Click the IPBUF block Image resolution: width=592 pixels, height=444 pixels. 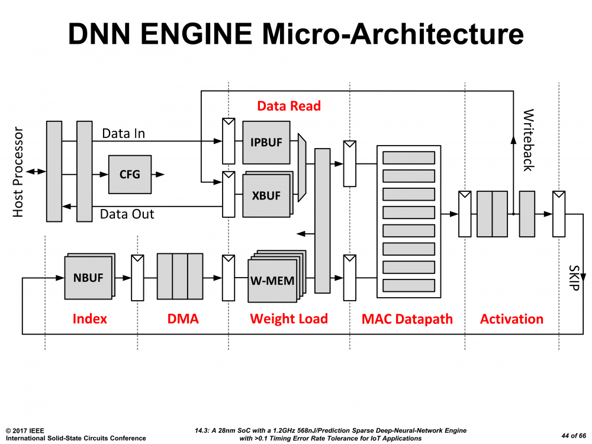coord(266,143)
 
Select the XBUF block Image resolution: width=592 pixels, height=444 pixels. coord(266,195)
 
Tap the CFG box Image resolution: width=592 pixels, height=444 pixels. coord(130,175)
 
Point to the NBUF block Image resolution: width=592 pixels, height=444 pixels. coord(88,277)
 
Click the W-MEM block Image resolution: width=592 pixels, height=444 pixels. coord(272,281)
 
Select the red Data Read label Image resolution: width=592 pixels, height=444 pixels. coord(289,106)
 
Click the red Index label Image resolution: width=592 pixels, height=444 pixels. coord(89,319)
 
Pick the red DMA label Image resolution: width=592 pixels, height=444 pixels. coord(183,319)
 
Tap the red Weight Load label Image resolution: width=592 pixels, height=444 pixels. coord(289,319)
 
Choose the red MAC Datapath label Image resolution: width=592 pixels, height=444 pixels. coord(407,319)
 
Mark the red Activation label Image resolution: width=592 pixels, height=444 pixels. coord(511,319)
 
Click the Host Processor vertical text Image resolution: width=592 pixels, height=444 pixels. coord(18,172)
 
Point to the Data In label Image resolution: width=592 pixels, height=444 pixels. coord(123,133)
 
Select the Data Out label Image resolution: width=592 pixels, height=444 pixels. coord(127,214)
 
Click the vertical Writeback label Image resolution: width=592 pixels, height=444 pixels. coord(528,140)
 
